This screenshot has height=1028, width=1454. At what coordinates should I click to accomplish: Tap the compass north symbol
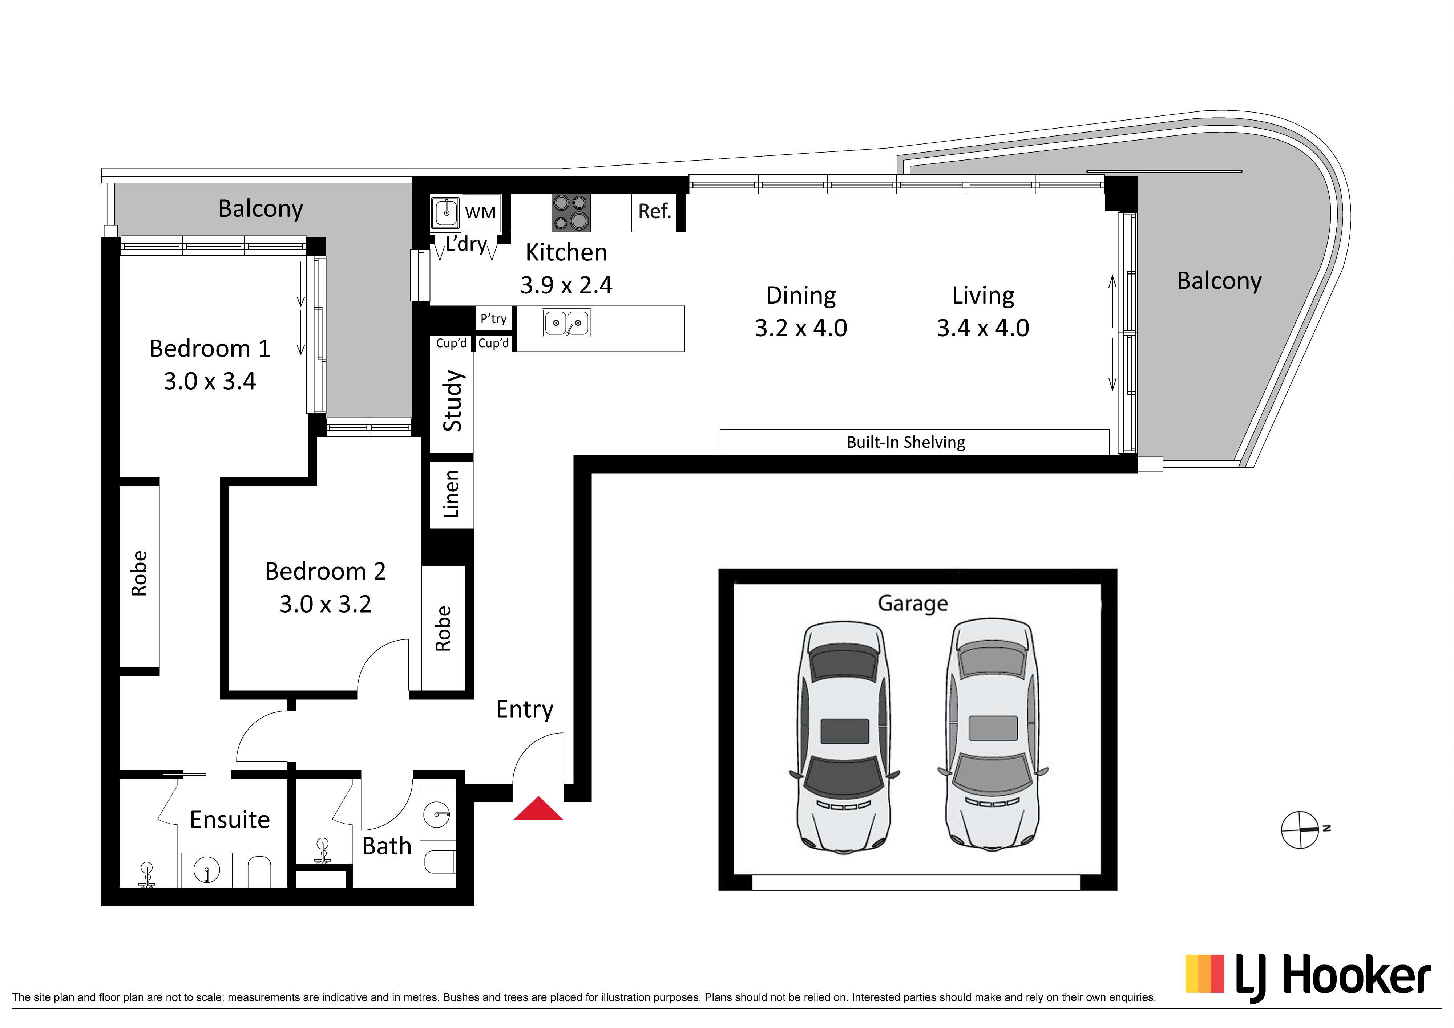[1300, 830]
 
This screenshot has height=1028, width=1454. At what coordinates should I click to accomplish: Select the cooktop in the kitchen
[570, 212]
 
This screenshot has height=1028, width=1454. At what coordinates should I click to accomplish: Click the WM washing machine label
[480, 213]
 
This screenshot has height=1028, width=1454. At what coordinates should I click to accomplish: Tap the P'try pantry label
[493, 318]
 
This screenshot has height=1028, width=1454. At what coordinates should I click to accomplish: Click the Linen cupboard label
[451, 494]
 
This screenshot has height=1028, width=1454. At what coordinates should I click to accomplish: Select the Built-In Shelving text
[906, 443]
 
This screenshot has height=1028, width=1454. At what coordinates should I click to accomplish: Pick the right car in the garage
[992, 734]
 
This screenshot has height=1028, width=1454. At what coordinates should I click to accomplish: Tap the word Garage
[913, 603]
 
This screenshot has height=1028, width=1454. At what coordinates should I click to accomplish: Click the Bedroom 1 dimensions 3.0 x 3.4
[210, 381]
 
